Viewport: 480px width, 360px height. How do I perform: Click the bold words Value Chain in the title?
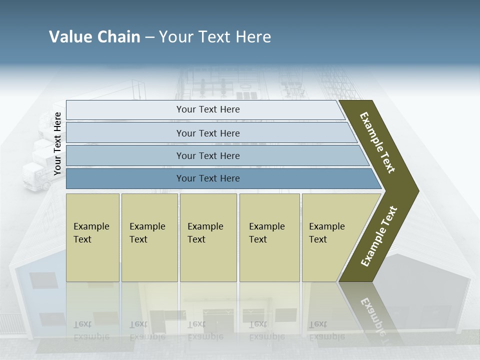click(x=94, y=37)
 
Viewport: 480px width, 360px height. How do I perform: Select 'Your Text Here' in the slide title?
click(x=215, y=37)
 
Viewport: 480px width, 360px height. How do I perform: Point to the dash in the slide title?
click(x=149, y=37)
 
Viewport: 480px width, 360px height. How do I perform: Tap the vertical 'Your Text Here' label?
click(x=57, y=144)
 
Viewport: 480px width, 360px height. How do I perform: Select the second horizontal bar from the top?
click(x=207, y=133)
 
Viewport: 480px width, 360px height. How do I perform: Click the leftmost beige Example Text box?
click(x=92, y=237)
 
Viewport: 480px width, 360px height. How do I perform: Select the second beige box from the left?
click(x=149, y=237)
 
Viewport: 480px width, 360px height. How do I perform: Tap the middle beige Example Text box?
click(x=208, y=237)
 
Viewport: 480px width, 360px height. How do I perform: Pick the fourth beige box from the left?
click(x=269, y=237)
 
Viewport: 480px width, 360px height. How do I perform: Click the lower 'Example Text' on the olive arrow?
click(x=379, y=236)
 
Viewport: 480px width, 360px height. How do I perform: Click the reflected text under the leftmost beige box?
click(x=91, y=330)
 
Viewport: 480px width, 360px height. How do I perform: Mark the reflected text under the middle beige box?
click(x=205, y=330)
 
